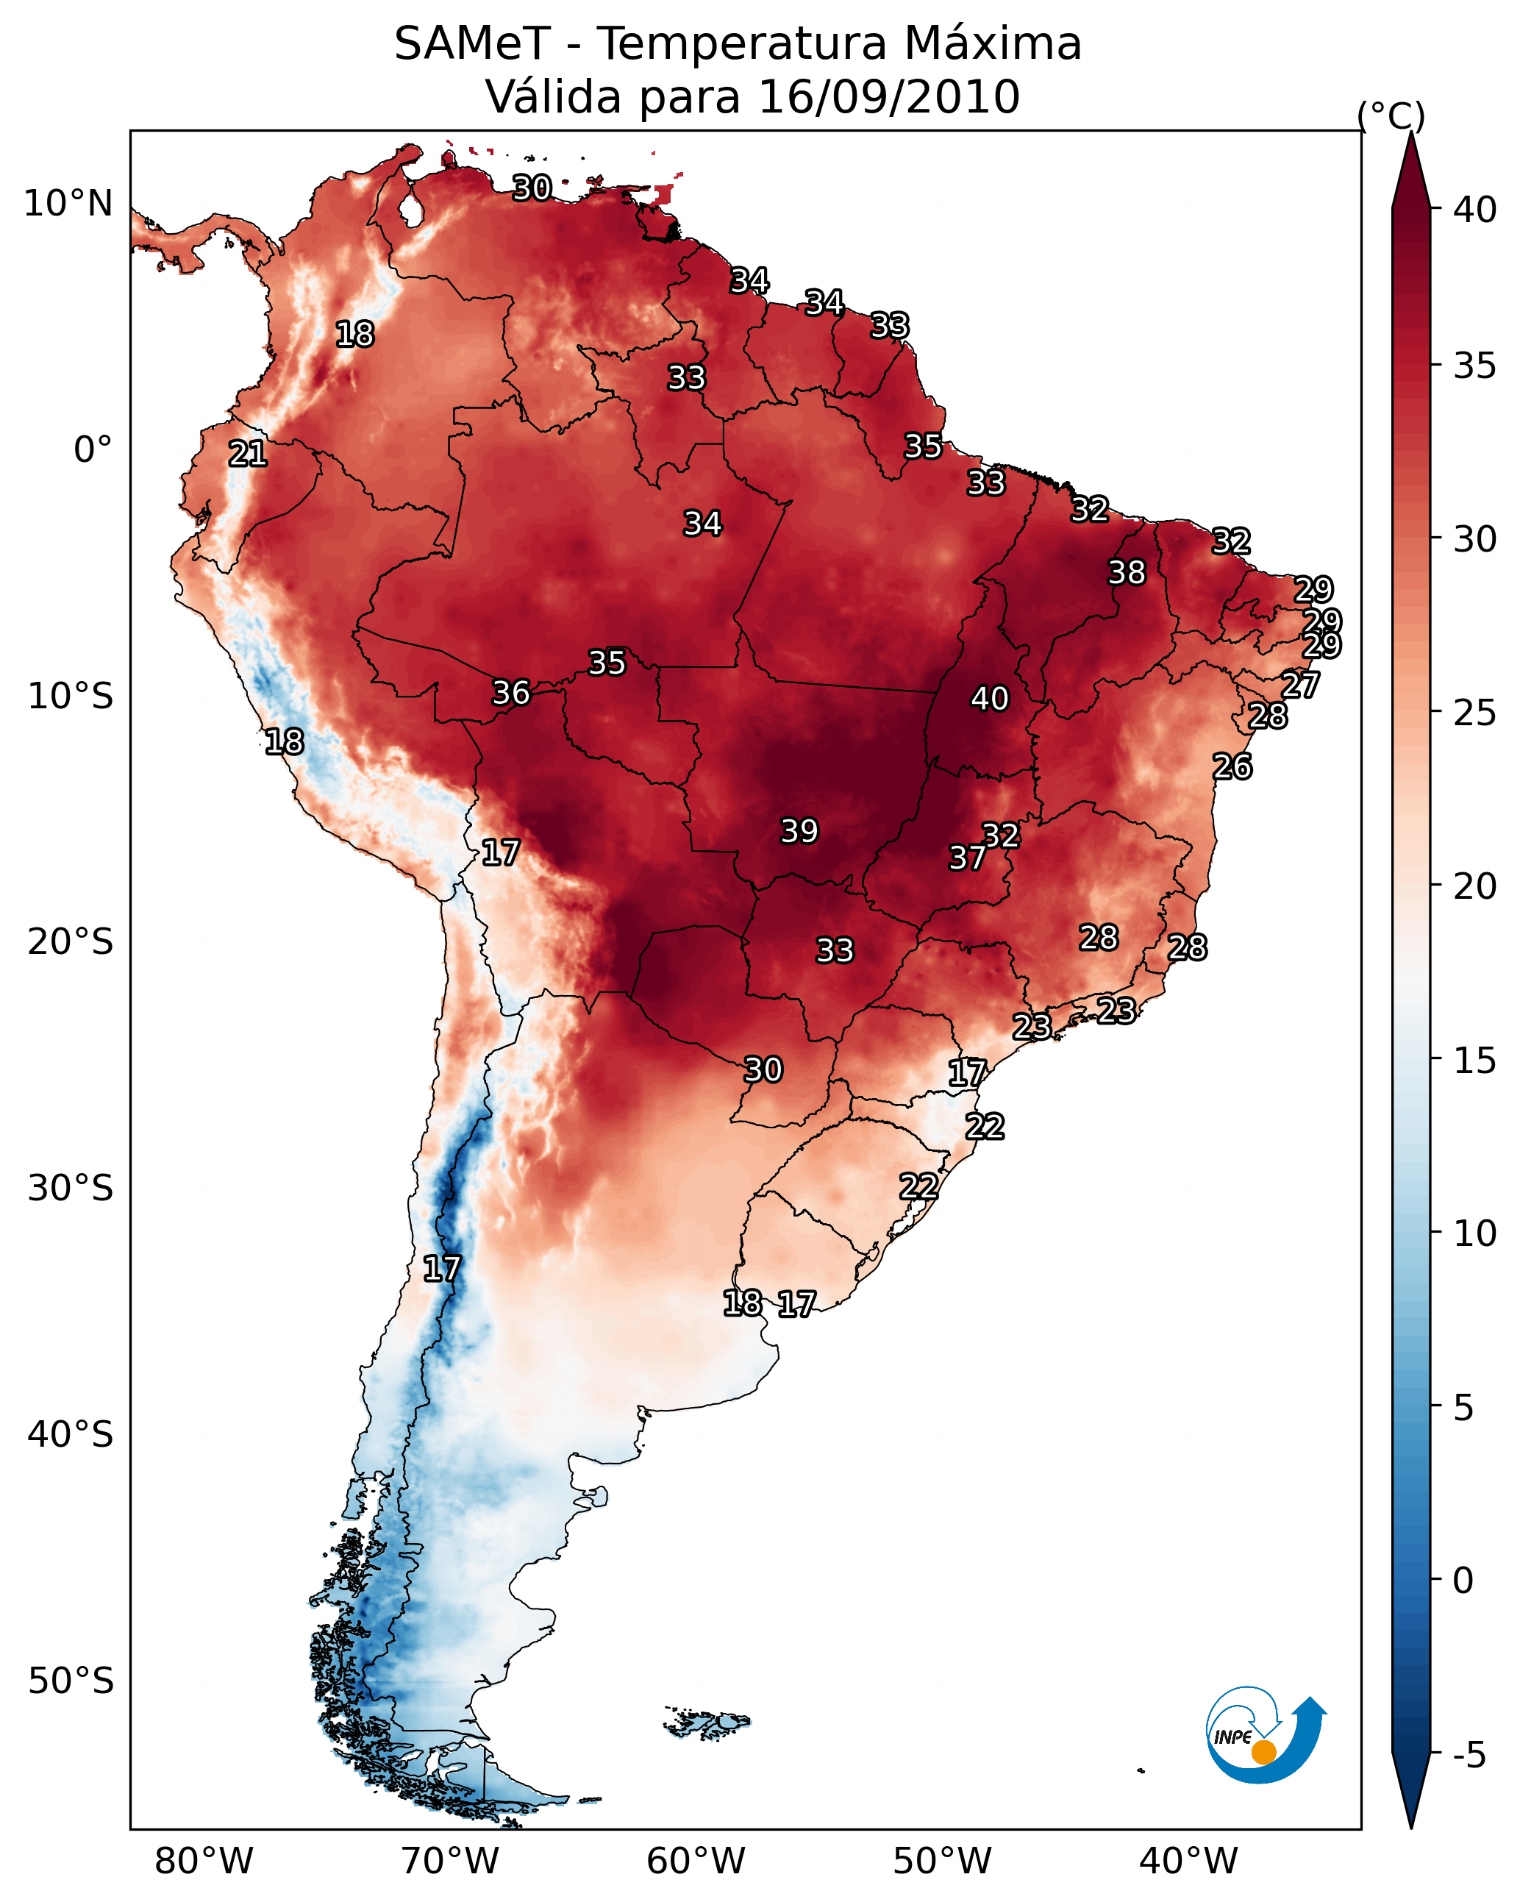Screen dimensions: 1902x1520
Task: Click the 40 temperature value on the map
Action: pos(989,699)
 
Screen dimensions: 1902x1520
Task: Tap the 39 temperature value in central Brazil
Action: pos(799,831)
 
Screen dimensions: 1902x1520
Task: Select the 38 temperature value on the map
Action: pos(1127,572)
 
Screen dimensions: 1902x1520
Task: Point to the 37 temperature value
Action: pos(967,858)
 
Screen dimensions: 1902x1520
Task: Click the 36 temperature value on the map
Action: pos(511,693)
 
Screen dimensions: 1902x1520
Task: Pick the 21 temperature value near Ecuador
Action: pos(248,454)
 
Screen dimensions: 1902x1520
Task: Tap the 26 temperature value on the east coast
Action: pos(1232,766)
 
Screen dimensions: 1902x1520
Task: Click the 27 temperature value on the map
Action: pos(1299,685)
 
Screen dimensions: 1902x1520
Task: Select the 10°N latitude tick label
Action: pos(68,204)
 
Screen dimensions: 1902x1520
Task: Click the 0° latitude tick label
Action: pos(93,450)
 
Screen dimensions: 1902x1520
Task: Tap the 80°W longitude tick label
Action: pos(204,1862)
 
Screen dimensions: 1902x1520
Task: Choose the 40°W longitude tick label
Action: pos(1188,1862)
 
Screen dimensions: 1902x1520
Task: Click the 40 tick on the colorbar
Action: pos(1475,210)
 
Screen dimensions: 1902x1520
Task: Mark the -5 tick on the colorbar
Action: pos(1469,1756)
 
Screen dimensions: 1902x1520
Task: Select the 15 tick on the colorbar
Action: pos(1475,1061)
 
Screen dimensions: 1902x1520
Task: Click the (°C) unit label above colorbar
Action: pos(1391,115)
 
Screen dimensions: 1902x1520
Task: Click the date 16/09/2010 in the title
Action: pos(888,96)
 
